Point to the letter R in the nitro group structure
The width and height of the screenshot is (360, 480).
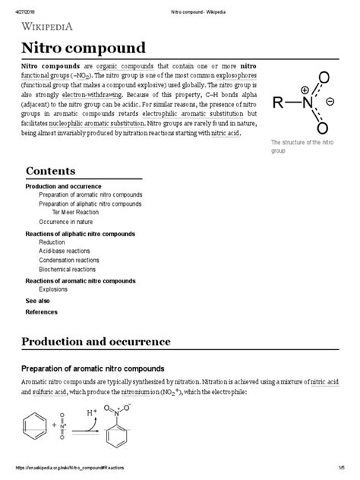pyautogui.click(x=277, y=104)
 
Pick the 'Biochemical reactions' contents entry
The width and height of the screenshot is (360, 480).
pyautogui.click(x=68, y=269)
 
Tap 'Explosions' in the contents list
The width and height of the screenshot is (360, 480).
pyautogui.click(x=54, y=289)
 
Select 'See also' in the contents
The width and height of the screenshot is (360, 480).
pyautogui.click(x=37, y=301)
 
